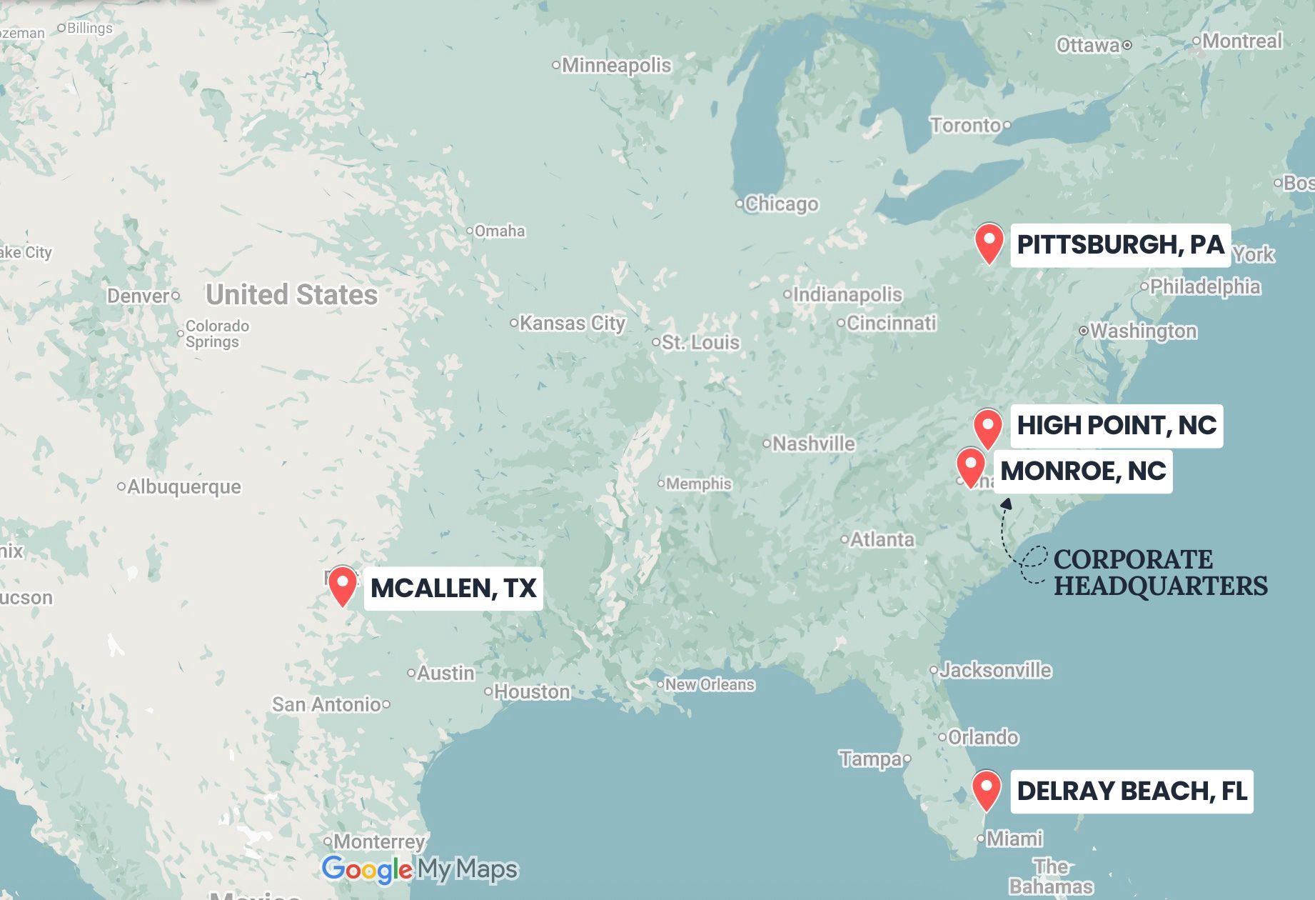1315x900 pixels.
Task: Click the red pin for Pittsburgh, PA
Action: pos(989,241)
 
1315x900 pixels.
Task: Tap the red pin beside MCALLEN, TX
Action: pos(343,584)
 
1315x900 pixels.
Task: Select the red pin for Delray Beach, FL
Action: pos(987,788)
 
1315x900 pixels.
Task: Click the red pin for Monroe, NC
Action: pos(971,465)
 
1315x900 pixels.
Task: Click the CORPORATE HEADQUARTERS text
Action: pos(1160,572)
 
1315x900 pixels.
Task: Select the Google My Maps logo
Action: pos(420,869)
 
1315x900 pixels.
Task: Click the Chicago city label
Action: pos(781,204)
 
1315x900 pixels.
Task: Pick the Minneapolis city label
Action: pos(616,66)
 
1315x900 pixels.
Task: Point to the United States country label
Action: pos(291,294)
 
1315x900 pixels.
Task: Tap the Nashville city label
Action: pos(813,444)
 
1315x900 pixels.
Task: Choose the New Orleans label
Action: pos(710,684)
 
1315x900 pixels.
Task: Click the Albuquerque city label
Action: pos(183,486)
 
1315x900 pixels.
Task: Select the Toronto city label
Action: pos(965,125)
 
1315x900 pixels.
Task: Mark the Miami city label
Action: pos(1014,838)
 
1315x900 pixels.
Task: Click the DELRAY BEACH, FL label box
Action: pos(1132,791)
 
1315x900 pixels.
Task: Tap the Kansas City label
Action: pos(572,323)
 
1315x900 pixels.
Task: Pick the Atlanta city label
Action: pos(882,539)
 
